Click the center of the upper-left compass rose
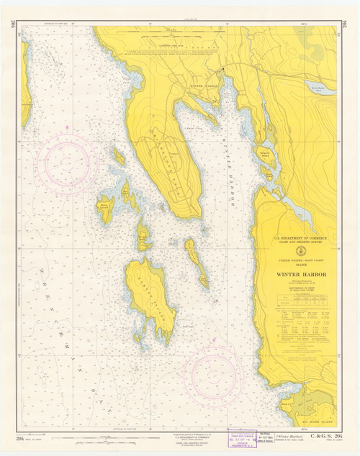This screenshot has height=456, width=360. pos(66,163)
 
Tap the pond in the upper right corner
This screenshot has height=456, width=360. pos(323,91)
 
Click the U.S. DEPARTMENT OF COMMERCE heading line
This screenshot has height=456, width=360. pos(298,238)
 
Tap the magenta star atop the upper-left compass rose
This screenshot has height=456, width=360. pos(66,128)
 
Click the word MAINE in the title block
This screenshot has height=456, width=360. pos(298,266)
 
